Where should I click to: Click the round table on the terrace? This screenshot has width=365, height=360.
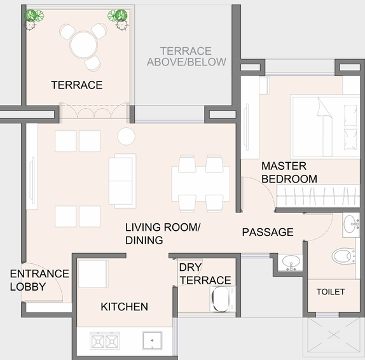[x=83, y=45]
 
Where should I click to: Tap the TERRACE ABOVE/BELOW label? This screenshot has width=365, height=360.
[x=186, y=57]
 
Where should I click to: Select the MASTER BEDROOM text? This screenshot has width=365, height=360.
[x=289, y=172]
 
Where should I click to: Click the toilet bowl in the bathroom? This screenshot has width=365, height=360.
[x=343, y=256]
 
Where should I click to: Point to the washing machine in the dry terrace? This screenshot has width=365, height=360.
[x=223, y=299]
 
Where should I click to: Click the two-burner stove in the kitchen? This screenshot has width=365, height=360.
[x=105, y=341]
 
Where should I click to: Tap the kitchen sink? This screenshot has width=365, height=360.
[x=152, y=340]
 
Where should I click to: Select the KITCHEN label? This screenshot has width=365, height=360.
[x=124, y=307]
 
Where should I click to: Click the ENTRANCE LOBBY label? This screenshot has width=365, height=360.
[x=39, y=280]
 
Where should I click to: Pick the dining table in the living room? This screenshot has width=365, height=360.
[x=201, y=183]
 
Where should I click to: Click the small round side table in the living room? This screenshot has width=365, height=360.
[x=126, y=136]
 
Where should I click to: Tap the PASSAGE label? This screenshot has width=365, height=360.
[x=268, y=232]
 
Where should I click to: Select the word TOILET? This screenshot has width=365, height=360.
[x=331, y=292]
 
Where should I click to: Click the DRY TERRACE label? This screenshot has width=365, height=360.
[x=205, y=274]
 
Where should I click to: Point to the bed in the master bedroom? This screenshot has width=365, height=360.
[x=325, y=127]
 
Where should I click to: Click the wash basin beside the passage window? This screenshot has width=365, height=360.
[x=291, y=262]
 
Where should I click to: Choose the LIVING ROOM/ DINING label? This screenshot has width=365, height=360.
[x=163, y=233]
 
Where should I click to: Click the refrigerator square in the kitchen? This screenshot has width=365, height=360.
[x=93, y=274]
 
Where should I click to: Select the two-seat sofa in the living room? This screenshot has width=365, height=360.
[x=123, y=181]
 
